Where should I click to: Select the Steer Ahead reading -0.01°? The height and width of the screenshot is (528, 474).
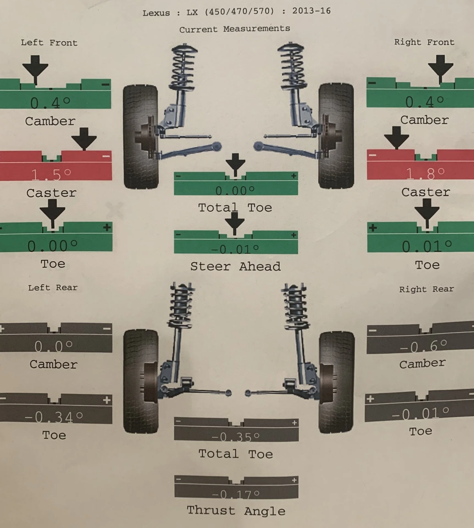(x=235, y=249)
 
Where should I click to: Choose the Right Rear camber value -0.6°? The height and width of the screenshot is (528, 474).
(x=423, y=346)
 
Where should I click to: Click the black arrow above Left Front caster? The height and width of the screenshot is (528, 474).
(x=84, y=138)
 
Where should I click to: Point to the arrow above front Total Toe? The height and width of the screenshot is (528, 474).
(x=235, y=163)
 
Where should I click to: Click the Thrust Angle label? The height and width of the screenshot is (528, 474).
(x=236, y=511)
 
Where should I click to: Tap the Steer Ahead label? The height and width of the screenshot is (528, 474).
(x=235, y=266)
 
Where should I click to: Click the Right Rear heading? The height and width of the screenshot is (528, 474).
(x=426, y=289)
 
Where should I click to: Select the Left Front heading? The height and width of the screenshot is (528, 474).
(x=49, y=43)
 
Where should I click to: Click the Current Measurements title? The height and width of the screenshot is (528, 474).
(x=235, y=29)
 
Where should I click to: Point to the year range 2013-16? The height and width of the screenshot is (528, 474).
(x=311, y=11)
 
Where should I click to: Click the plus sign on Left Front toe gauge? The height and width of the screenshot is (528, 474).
(x=107, y=227)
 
